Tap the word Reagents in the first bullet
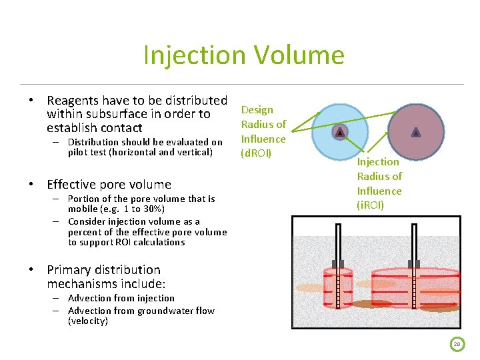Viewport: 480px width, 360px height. click(x=73, y=100)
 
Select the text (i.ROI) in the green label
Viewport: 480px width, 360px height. click(x=371, y=205)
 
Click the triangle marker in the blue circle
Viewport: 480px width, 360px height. click(x=340, y=132)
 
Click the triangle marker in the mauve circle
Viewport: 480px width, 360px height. click(x=416, y=132)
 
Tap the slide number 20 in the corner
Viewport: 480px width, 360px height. click(x=457, y=345)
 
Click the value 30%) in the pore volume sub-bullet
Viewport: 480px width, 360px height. click(x=151, y=209)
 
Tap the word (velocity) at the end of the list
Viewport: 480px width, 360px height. click(x=88, y=321)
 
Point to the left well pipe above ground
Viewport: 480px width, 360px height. click(x=340, y=247)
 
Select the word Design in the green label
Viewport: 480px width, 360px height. click(x=257, y=109)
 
